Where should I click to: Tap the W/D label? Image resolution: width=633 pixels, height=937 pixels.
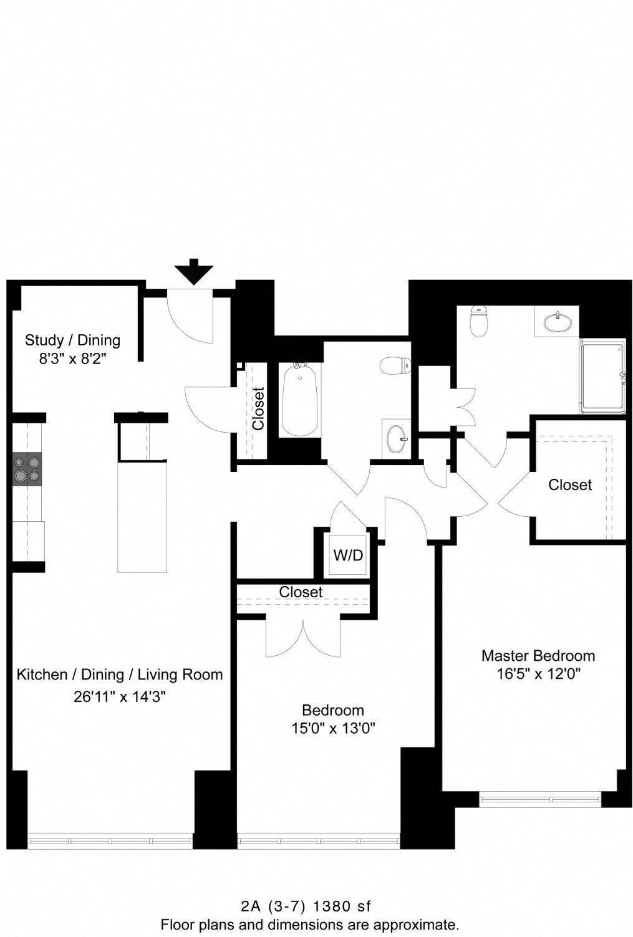[x=348, y=555]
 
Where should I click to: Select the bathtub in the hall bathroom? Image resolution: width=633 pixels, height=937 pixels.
[x=301, y=400]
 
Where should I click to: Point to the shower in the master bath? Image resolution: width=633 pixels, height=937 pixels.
[x=603, y=377]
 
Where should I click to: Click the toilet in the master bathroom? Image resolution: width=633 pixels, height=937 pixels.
[x=478, y=320]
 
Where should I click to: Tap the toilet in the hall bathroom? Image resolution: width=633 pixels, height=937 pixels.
[x=396, y=365]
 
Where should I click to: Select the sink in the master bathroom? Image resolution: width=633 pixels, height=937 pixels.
[x=556, y=322]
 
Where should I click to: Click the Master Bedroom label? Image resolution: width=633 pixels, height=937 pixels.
[x=538, y=655]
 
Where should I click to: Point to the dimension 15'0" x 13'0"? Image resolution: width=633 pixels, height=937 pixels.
[x=333, y=728]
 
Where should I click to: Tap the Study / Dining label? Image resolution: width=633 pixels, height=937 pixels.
[x=72, y=340]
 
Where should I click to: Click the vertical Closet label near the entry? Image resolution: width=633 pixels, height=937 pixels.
[x=258, y=408]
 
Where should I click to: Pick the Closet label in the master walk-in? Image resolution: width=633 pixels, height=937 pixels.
[x=569, y=484]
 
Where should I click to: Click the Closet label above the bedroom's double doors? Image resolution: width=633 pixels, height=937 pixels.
[x=301, y=592]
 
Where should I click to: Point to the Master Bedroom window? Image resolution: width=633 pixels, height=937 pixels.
[x=540, y=799]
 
